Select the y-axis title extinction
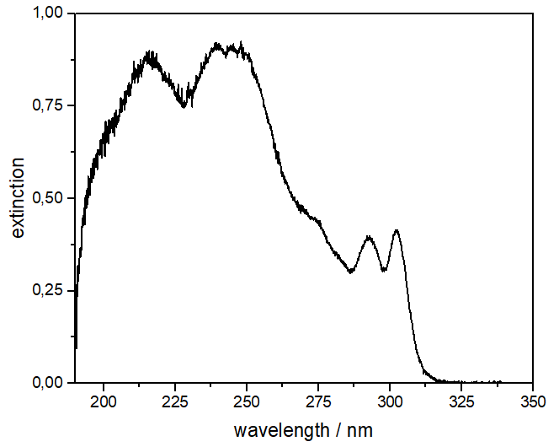(19, 198)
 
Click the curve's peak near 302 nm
(396, 229)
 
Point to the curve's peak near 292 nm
(368, 237)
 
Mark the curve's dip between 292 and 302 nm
(383, 271)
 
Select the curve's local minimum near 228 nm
(184, 106)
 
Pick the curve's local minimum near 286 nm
(350, 272)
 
